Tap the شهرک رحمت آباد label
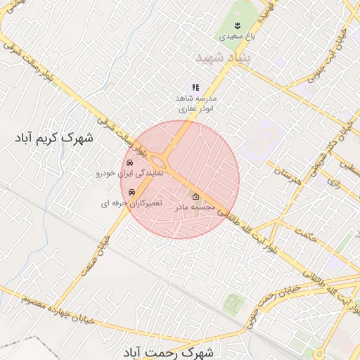coord(172,351)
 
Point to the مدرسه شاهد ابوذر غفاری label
coord(196,104)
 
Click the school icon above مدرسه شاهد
coord(195,86)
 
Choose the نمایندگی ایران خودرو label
coord(129,172)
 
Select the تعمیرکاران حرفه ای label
coord(130,203)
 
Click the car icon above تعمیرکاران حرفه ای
coord(131,192)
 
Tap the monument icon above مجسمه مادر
coord(195,197)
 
